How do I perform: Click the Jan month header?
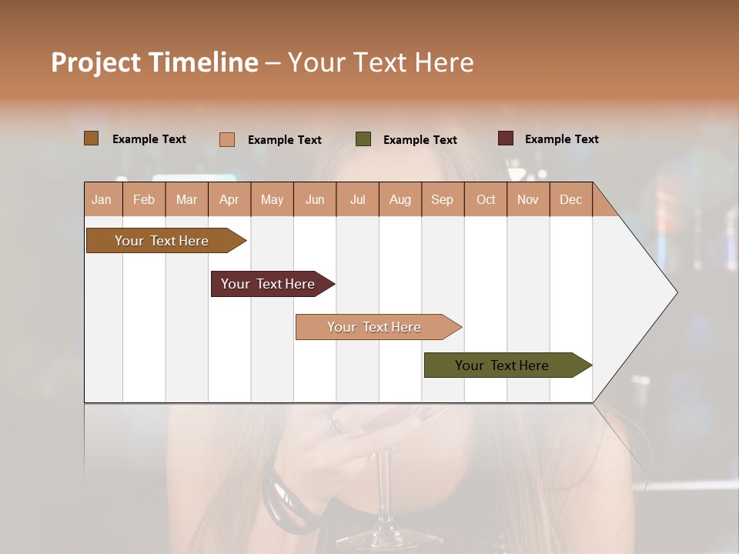click(102, 199)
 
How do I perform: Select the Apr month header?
click(229, 199)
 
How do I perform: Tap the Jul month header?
click(358, 199)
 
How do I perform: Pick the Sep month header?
click(443, 199)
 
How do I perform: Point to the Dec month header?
click(570, 199)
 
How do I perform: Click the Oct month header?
click(486, 199)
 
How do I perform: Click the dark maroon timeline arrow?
click(269, 284)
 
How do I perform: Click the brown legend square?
click(91, 138)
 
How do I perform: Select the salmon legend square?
click(227, 139)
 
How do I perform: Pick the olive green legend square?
click(363, 139)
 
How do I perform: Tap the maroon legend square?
click(506, 138)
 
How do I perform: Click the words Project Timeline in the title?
click(154, 62)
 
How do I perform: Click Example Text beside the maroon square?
click(561, 139)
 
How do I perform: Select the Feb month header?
click(144, 199)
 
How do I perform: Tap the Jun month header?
click(315, 199)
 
